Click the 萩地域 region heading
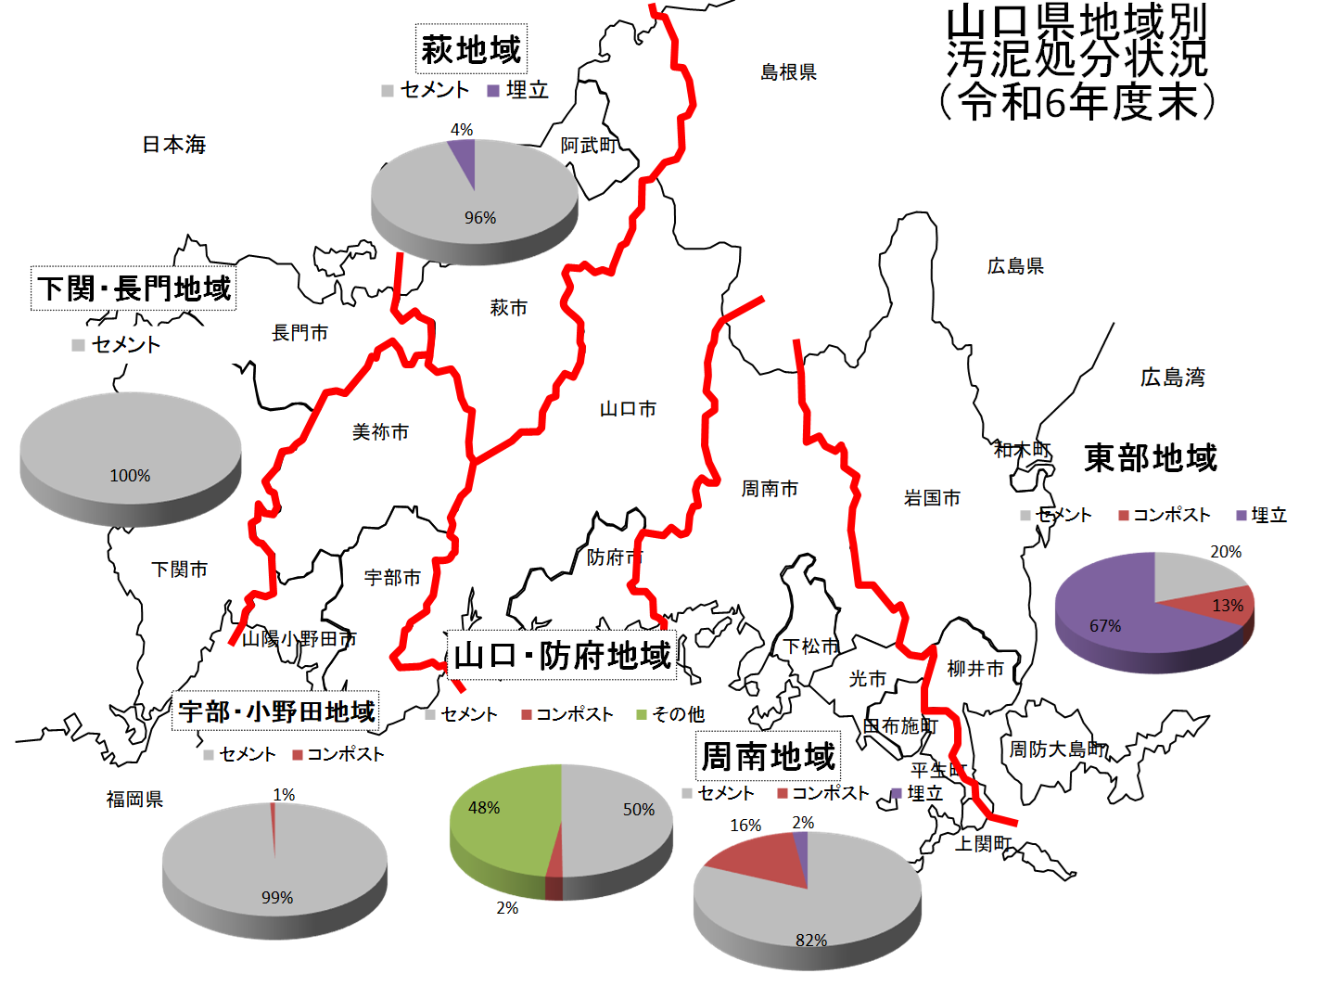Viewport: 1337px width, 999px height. [471, 49]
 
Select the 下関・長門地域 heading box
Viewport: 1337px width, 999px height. [134, 288]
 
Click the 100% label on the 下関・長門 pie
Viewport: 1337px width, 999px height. [130, 476]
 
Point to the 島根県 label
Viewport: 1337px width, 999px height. [788, 72]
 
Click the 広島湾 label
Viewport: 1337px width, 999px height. [1172, 378]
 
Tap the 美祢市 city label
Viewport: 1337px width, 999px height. [380, 432]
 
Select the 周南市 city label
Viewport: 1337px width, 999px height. [770, 489]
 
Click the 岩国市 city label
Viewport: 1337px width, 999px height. [932, 498]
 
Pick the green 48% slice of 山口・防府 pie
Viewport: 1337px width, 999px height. [501, 821]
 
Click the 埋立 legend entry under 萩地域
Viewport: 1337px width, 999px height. [518, 90]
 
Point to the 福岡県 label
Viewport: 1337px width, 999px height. [134, 800]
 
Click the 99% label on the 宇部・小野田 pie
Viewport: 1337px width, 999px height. [277, 898]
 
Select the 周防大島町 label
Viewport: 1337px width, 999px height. [1058, 749]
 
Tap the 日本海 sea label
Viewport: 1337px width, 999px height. [174, 145]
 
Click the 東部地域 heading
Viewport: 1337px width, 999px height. [1151, 458]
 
